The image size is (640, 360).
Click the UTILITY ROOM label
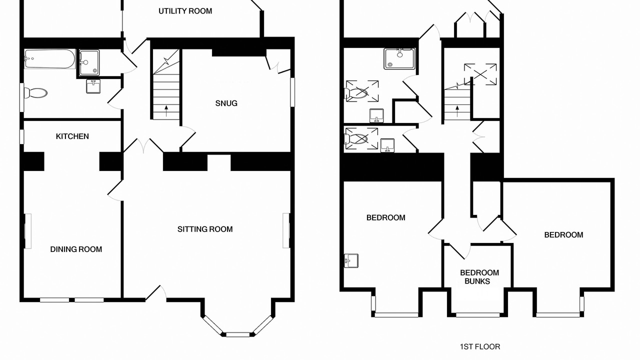point(185,11)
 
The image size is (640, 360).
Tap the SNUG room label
point(226,103)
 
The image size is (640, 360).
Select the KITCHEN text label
point(72,136)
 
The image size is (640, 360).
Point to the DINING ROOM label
point(76,249)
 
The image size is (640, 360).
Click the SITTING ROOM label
point(205,229)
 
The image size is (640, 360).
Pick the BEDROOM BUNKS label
point(479,277)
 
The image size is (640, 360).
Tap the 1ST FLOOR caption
point(480,346)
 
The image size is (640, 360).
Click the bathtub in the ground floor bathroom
point(50,59)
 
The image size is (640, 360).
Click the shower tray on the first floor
point(399,58)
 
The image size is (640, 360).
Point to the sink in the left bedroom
point(351,260)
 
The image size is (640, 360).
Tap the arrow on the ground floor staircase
point(166,111)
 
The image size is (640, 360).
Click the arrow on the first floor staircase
point(457,111)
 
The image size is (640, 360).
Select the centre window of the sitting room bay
point(238,334)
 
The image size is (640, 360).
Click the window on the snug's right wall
point(292,92)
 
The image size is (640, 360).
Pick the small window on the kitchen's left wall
point(21,137)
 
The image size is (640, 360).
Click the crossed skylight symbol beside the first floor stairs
point(480,74)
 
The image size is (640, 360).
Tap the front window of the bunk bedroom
point(477,315)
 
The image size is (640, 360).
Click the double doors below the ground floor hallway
point(143,145)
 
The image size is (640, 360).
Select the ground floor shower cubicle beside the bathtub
point(89,63)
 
